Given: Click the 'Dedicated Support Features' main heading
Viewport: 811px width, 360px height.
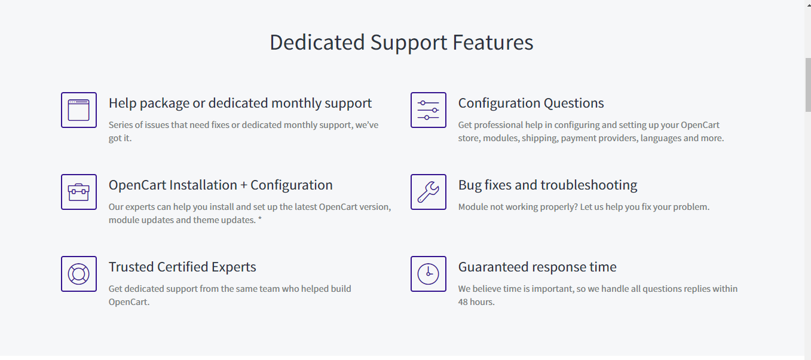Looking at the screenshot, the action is tap(401, 42).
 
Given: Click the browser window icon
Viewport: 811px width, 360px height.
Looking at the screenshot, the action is tap(78, 110).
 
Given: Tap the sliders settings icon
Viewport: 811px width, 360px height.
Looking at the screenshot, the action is tap(429, 110).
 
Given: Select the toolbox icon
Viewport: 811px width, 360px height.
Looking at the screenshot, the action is tap(78, 192).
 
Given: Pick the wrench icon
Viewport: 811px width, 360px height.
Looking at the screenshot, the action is tap(429, 192).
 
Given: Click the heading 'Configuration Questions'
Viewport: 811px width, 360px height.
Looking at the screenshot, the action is tap(531, 103).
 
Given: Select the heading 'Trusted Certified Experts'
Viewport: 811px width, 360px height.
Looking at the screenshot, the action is tap(182, 267).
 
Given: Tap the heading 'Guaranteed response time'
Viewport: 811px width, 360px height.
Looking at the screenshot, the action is tap(537, 267).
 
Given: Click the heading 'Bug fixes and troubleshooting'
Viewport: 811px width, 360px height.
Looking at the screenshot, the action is tap(548, 185).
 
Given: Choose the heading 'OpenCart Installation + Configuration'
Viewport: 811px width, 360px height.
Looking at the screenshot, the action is tap(221, 185).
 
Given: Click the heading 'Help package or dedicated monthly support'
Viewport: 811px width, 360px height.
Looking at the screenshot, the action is tap(240, 103).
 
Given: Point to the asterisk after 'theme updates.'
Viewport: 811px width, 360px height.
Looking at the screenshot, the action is tap(259, 219).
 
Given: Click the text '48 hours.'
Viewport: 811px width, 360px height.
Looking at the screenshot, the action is tap(476, 301).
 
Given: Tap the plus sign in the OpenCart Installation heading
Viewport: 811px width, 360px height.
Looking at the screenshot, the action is tap(244, 185).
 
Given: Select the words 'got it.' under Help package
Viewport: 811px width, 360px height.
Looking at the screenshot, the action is tap(120, 138).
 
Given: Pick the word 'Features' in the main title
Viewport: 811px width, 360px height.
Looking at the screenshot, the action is tap(492, 42).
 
